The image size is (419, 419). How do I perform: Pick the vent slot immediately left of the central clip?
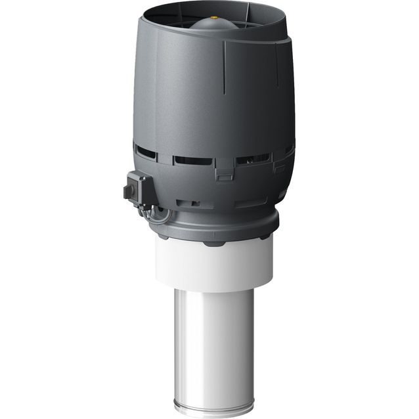point(193,161)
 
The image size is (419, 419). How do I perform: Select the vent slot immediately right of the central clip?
point(252,160)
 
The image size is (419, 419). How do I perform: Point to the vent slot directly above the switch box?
point(147,152)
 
